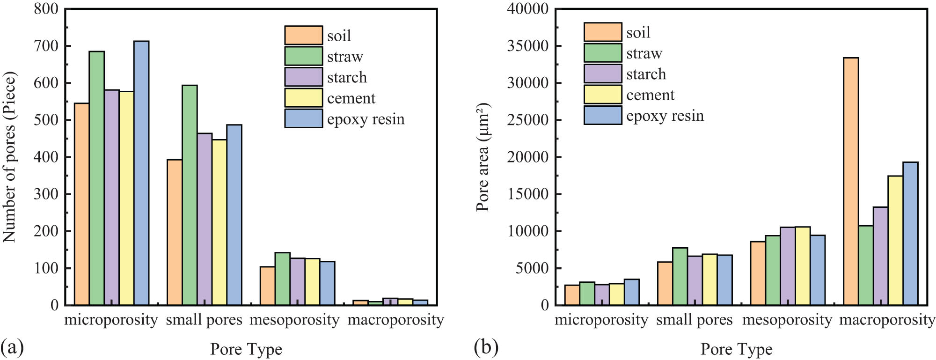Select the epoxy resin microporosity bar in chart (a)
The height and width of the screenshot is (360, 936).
tap(141, 173)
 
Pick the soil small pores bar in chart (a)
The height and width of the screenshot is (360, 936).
tap(175, 233)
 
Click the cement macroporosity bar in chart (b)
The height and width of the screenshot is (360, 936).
tap(895, 241)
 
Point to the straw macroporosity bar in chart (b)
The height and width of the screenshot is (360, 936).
tap(866, 265)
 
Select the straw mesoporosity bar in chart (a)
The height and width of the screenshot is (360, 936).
tap(283, 279)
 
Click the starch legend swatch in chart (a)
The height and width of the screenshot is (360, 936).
tap(303, 77)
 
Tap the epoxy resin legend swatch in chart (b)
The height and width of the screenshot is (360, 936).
tap(603, 115)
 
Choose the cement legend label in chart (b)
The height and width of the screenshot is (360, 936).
tap(650, 95)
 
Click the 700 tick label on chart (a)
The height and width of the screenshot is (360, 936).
tap(46, 46)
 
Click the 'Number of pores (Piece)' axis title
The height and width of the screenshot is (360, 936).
tap(9, 157)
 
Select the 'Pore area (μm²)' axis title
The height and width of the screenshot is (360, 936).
tap(483, 157)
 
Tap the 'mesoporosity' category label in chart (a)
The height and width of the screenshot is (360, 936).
tap(294, 320)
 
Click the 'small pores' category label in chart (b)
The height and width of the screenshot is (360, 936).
tap(694, 320)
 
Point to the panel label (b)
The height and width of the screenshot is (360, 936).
tap(486, 347)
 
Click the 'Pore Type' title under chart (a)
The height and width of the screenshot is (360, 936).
tap(246, 349)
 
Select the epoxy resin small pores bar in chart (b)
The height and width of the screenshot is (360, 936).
tap(724, 280)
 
